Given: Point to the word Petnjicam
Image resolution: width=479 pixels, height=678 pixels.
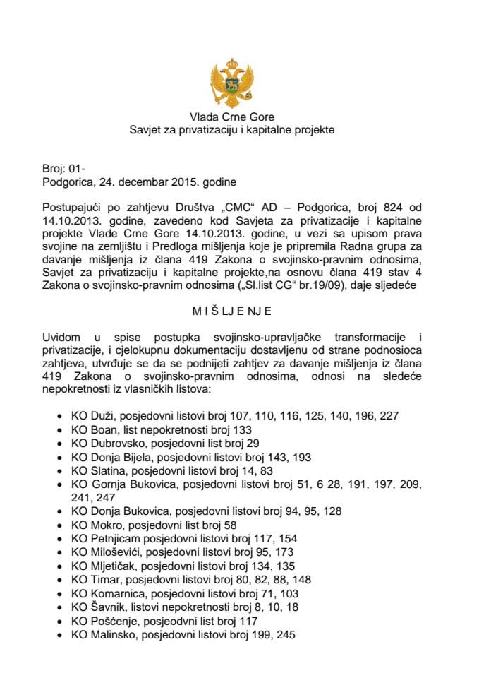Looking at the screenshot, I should pyautogui.click(x=113, y=538).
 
